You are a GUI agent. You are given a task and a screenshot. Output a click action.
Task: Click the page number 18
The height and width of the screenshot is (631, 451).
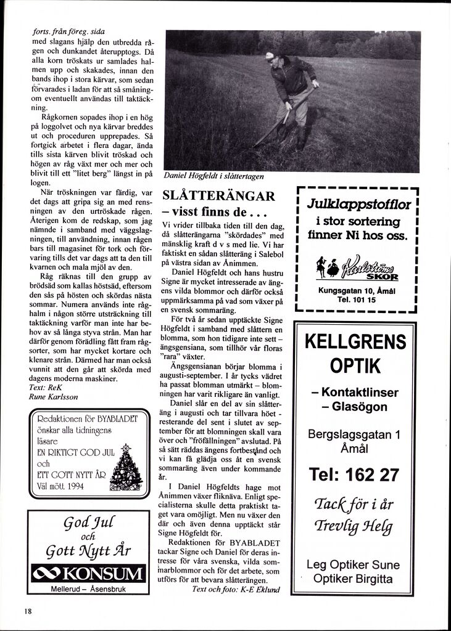pyautogui.click(x=28, y=611)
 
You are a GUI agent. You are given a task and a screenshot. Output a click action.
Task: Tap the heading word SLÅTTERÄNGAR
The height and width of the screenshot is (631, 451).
pyautogui.click(x=218, y=197)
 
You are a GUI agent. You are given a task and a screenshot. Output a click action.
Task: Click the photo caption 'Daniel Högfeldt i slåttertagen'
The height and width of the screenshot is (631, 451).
pyautogui.click(x=213, y=176)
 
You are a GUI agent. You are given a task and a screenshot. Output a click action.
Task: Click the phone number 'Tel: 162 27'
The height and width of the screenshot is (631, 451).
pyautogui.click(x=354, y=474)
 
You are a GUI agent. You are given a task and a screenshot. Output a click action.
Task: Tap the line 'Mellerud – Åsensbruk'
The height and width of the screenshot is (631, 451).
pyautogui.click(x=88, y=589)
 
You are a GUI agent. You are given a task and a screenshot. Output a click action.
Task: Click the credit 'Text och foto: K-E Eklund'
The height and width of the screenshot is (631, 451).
pyautogui.click(x=236, y=589)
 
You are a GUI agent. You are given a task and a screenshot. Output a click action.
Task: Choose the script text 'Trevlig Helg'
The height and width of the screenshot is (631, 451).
pyautogui.click(x=354, y=527)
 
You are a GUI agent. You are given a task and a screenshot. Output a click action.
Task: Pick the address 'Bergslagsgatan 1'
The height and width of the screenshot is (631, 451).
pyautogui.click(x=354, y=434)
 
